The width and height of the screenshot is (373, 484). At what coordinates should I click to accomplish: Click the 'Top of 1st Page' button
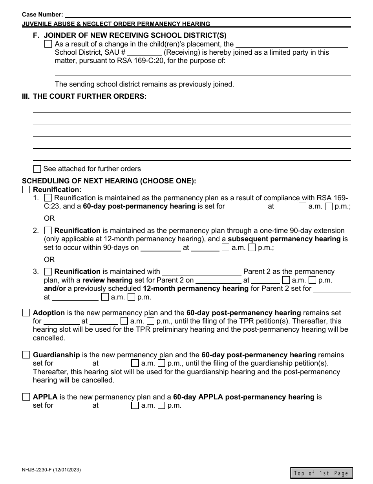click(x=322, y=473)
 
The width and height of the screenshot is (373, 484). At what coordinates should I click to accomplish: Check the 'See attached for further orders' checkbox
click(x=37, y=169)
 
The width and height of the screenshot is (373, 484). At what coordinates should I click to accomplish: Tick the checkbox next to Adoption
click(x=26, y=313)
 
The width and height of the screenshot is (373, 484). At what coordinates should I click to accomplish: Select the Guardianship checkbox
click(x=26, y=355)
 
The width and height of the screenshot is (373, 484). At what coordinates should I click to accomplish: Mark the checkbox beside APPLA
click(x=26, y=397)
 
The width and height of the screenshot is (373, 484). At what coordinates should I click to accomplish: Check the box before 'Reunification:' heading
click(x=26, y=190)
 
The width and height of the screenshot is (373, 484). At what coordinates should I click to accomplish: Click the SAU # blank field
click(x=144, y=53)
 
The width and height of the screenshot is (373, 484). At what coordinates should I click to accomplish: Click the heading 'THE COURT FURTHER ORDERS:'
click(x=90, y=96)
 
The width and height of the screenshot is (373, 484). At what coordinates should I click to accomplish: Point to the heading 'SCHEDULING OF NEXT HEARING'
click(x=109, y=181)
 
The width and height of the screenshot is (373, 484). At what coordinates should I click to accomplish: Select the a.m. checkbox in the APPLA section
click(x=135, y=406)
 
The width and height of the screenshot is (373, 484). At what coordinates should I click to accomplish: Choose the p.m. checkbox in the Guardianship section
click(x=161, y=364)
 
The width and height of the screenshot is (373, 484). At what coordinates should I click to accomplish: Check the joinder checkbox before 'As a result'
click(x=48, y=44)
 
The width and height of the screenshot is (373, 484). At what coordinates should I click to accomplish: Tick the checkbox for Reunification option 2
click(x=48, y=231)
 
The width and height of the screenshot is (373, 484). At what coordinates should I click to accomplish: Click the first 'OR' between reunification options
click(x=49, y=218)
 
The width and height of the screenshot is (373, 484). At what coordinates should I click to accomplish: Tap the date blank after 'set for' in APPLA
click(x=73, y=406)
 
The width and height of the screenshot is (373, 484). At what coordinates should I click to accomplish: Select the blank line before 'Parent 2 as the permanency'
click(x=202, y=272)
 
